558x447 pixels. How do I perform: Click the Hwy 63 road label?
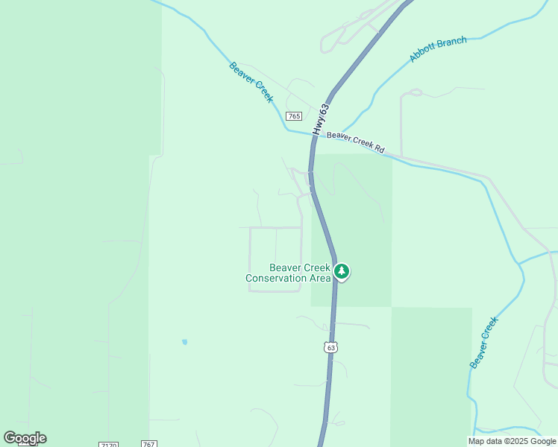click(x=321, y=119)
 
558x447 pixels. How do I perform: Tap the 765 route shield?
click(x=293, y=116)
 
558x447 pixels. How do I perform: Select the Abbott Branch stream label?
click(x=438, y=49)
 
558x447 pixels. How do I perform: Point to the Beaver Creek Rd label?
click(x=356, y=142)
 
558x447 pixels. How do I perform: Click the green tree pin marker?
click(x=342, y=271)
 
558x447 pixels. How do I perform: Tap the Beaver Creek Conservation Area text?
click(x=288, y=273)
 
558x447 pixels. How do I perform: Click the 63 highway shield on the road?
click(x=331, y=347)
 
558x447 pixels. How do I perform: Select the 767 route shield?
click(x=148, y=445)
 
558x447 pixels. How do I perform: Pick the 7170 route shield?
click(x=108, y=445)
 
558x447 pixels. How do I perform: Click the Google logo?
click(x=25, y=438)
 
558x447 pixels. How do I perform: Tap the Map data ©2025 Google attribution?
click(x=512, y=441)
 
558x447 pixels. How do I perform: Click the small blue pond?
click(x=184, y=342)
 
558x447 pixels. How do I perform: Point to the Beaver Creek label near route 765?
click(x=251, y=82)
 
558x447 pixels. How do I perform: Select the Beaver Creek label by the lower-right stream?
click(x=483, y=342)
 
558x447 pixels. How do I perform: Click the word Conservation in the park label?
click(x=277, y=279)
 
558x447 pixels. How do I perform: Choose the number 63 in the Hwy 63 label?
click(x=324, y=109)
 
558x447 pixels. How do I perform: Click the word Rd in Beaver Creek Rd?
click(x=379, y=150)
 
